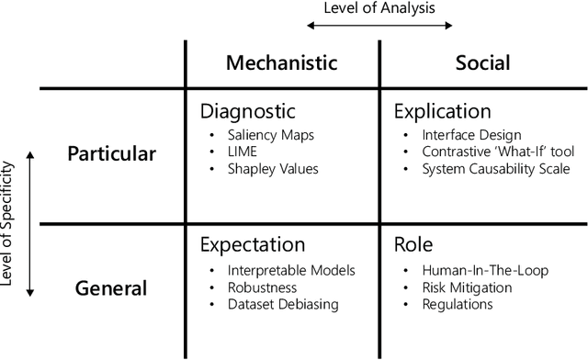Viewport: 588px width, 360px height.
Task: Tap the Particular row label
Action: pos(112,153)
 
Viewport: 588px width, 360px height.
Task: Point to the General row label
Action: pos(112,288)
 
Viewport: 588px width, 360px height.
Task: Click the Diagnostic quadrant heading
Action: pos(248,112)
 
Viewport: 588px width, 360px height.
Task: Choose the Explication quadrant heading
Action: pos(443,112)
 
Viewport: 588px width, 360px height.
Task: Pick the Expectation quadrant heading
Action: pos(253,246)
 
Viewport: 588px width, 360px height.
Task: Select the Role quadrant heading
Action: pos(413,246)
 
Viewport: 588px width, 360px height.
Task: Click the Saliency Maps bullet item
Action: pos(272,134)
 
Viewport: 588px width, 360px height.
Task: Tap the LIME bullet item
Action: pos(243,152)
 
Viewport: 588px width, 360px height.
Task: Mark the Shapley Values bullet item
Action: pos(273,169)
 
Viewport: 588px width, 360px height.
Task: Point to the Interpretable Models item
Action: pos(290,270)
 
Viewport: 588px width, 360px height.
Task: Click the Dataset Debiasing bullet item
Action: pos(284,304)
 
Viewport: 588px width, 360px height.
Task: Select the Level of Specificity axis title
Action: pos(9,223)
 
